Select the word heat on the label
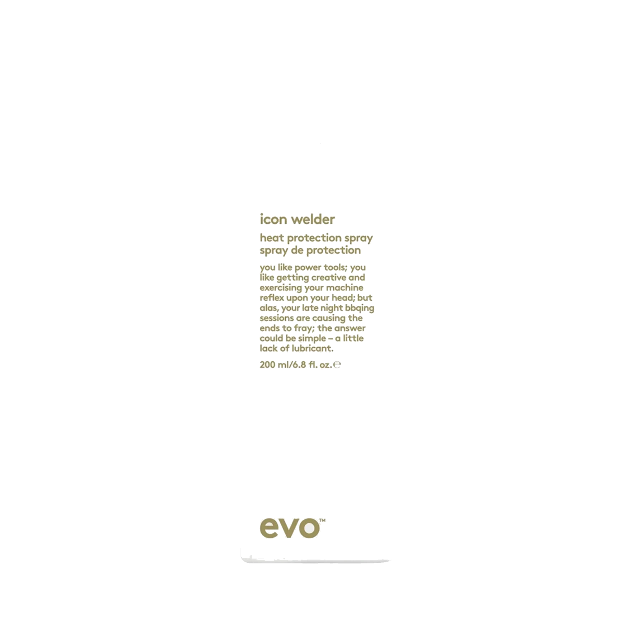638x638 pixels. pyautogui.click(x=272, y=238)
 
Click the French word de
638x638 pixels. pyautogui.click(x=297, y=250)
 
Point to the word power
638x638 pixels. pyautogui.click(x=308, y=268)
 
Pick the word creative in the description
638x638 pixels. pyautogui.click(x=329, y=277)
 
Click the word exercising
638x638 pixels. pyautogui.click(x=281, y=288)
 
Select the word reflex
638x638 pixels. pyautogui.click(x=272, y=297)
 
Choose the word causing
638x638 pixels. pyautogui.click(x=329, y=318)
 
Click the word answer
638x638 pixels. pyautogui.click(x=350, y=328)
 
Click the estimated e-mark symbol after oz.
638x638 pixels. pyautogui.click(x=337, y=365)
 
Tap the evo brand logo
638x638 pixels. pyautogui.click(x=290, y=528)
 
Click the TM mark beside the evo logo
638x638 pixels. pyautogui.click(x=322, y=520)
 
